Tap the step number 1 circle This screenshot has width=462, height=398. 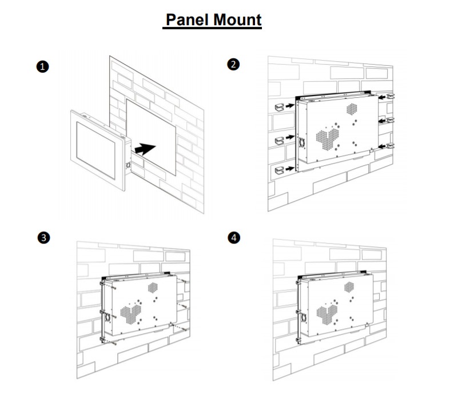point(42,66)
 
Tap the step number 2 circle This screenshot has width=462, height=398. point(233,64)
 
